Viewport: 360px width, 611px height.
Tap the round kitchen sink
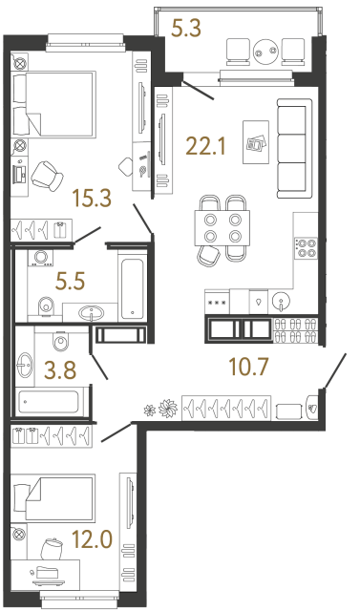(x=280, y=300)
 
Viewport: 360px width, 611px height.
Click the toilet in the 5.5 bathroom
(x=44, y=305)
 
